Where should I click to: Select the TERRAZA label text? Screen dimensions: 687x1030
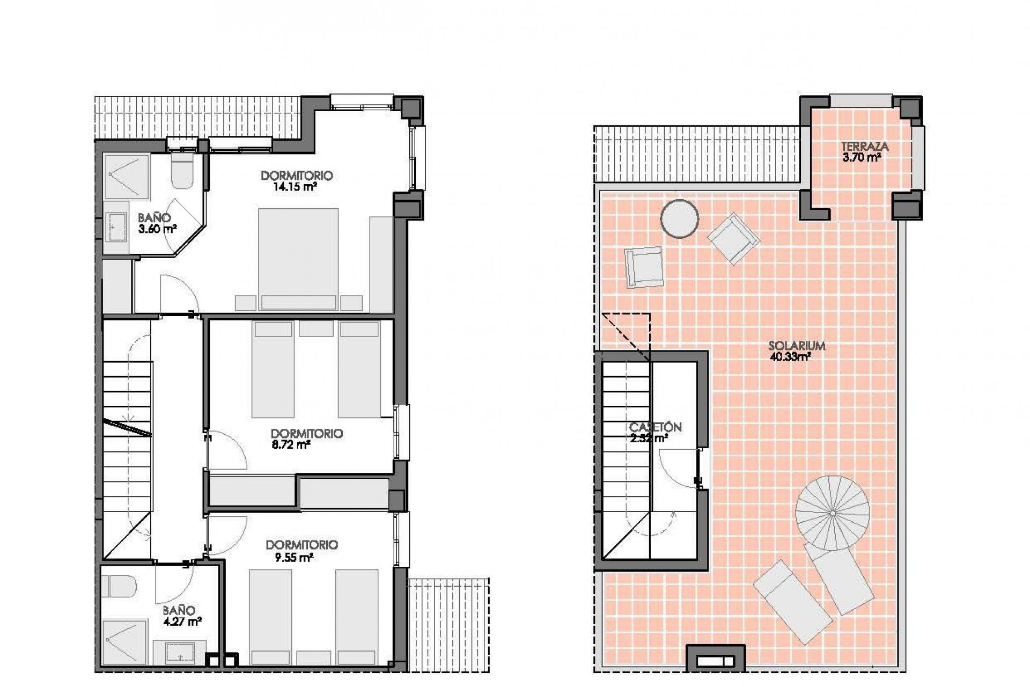point(864,147)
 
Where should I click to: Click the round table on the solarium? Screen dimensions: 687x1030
point(679,218)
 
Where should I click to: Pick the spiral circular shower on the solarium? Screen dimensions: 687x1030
point(832,513)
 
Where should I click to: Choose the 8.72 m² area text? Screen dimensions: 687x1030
point(291,445)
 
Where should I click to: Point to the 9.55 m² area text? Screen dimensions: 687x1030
point(293,558)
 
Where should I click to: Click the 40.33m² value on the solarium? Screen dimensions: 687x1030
point(790,357)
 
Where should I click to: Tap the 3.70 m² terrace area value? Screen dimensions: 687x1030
point(862,158)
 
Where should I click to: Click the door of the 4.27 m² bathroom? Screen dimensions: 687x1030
point(172,582)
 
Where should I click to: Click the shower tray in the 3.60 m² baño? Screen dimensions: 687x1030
point(126,177)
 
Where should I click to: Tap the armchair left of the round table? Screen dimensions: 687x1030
point(644,267)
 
